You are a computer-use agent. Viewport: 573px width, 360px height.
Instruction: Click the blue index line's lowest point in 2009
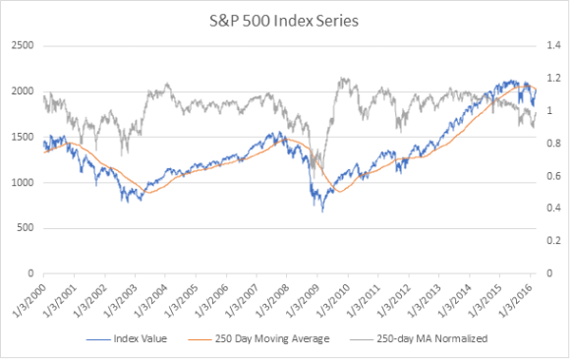coord(322,210)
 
